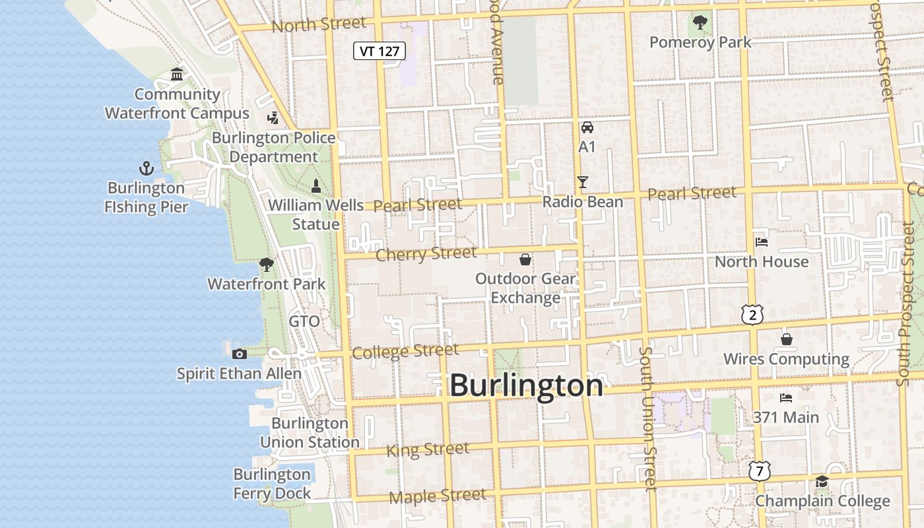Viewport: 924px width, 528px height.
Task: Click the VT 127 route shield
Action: [x=379, y=51]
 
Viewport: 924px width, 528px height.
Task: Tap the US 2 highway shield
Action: [x=752, y=315]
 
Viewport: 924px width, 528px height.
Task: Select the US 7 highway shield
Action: [x=760, y=471]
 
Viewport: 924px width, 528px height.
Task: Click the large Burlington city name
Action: [x=526, y=385]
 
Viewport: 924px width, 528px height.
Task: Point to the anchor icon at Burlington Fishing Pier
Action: [x=147, y=168]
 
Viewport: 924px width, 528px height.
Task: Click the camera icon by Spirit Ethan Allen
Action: [x=240, y=354]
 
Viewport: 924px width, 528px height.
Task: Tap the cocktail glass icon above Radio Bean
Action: [x=582, y=181]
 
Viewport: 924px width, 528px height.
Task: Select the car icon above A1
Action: [x=587, y=127]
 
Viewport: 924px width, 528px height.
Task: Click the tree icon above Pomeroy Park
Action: [x=700, y=23]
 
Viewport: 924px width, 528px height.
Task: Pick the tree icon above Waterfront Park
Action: [x=267, y=265]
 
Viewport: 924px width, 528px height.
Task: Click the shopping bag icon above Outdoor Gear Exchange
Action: [x=525, y=259]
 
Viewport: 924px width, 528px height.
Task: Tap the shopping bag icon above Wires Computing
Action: [x=786, y=339]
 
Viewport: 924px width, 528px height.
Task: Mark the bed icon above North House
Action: [x=762, y=242]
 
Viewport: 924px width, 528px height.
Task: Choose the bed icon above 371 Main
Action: [x=785, y=397]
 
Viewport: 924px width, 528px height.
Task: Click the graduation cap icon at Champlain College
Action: [x=822, y=481]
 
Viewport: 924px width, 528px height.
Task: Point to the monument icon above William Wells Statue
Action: [x=315, y=185]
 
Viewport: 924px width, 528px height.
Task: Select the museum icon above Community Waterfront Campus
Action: [x=177, y=74]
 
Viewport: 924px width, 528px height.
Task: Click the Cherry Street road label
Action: [x=426, y=253]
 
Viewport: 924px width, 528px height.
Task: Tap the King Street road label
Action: [x=428, y=450]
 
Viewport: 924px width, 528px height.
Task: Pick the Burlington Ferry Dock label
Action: [x=272, y=484]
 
